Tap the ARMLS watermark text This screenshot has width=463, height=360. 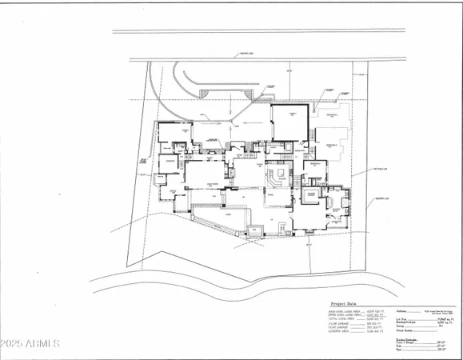click(31, 344)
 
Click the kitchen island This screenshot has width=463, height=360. click(281, 176)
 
